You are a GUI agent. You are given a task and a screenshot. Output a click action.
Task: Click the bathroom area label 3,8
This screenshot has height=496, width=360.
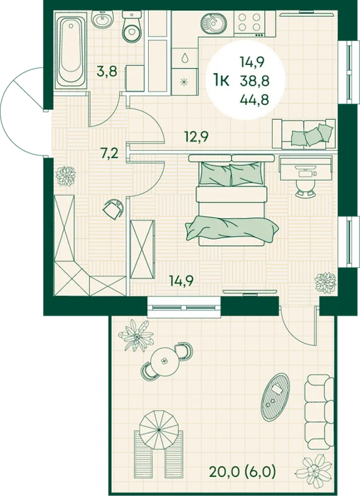[x=107, y=72]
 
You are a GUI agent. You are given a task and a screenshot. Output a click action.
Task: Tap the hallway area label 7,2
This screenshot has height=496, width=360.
[x=110, y=154]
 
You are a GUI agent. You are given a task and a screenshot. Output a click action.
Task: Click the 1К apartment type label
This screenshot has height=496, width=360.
[x=221, y=81]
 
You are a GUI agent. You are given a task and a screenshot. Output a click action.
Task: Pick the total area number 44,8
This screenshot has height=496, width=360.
[x=254, y=100]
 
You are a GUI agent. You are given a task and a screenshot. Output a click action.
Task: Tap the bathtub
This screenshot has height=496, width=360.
[x=71, y=50]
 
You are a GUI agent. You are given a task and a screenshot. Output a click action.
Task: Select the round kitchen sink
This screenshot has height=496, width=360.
[x=212, y=22]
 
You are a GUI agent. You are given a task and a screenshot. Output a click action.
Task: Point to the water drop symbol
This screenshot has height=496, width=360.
[x=184, y=58]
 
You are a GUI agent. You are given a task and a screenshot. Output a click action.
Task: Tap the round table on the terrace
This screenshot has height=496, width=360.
[x=164, y=360]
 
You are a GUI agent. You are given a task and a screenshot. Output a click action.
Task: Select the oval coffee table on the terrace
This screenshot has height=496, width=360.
[x=275, y=393]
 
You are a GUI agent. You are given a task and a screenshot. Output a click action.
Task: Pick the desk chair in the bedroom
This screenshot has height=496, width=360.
[x=305, y=188]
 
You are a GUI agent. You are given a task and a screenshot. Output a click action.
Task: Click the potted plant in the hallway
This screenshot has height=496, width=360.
[x=65, y=176]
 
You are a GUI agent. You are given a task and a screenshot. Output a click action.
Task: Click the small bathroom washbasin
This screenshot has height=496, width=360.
[x=102, y=18]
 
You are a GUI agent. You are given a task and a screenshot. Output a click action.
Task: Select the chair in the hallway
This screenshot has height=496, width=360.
[x=114, y=208]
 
